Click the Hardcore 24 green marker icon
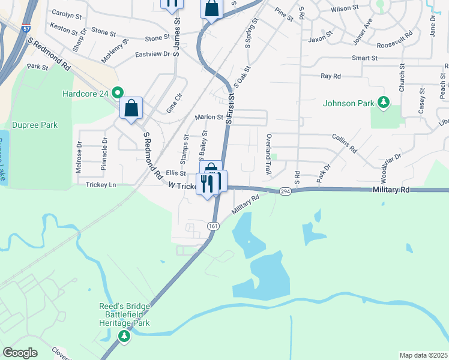pos(118,93)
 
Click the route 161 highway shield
pos(213,226)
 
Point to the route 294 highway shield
pos(285,191)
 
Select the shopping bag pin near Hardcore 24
pos(131,109)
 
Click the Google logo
pos(20,353)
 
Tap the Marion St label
pos(208,118)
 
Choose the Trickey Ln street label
pos(101,185)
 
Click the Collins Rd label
pos(345,142)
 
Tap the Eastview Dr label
pos(153,54)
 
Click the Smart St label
pos(364,58)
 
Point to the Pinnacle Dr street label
pos(104,158)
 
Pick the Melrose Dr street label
pos(79,158)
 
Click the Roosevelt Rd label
pos(395,46)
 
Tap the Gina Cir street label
pos(173,103)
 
